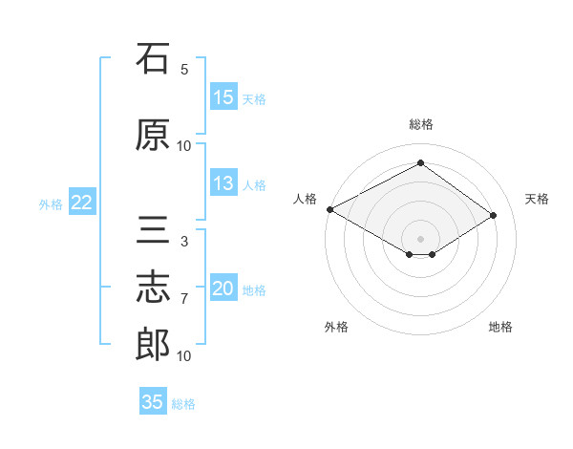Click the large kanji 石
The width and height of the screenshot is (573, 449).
click(x=153, y=58)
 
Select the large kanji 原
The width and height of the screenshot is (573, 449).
click(x=153, y=135)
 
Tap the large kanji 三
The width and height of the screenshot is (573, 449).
click(x=153, y=229)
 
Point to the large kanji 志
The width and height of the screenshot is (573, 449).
click(x=153, y=287)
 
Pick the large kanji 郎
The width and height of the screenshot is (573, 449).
click(x=153, y=344)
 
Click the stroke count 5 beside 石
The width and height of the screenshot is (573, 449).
click(x=184, y=70)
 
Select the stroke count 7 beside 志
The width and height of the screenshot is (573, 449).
click(x=184, y=299)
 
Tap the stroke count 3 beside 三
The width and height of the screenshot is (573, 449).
click(x=184, y=242)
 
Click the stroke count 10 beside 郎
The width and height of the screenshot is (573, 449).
click(x=183, y=356)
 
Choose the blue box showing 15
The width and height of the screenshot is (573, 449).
click(x=223, y=96)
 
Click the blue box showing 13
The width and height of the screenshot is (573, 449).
click(x=223, y=182)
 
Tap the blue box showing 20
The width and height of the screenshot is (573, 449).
click(x=223, y=287)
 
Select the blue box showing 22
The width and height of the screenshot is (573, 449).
click(x=82, y=202)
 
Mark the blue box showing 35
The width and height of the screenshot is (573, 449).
click(x=153, y=400)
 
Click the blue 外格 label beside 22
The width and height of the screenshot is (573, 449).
click(x=51, y=204)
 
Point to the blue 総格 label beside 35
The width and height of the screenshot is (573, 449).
click(x=183, y=404)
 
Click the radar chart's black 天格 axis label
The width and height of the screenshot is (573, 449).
click(x=537, y=199)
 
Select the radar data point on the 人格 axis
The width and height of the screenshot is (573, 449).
click(x=330, y=209)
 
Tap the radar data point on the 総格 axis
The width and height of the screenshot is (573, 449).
click(x=421, y=162)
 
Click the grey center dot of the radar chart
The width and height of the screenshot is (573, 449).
click(x=420, y=239)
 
